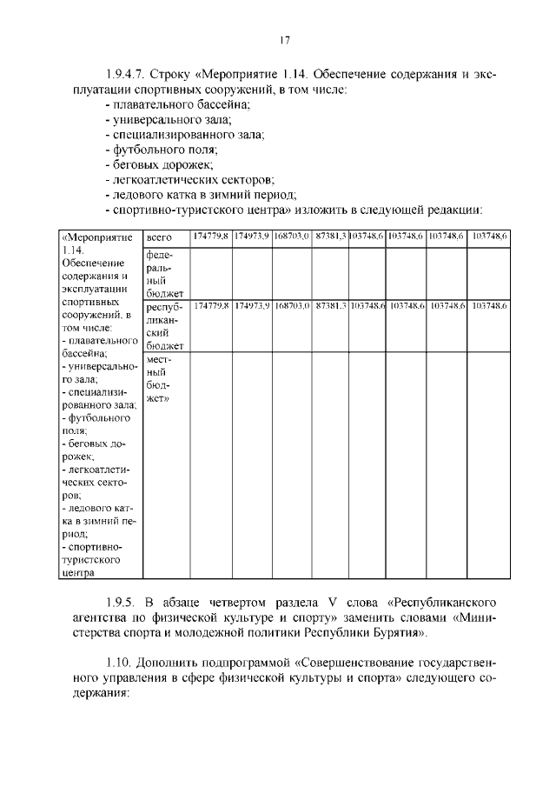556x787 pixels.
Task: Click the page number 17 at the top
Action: [x=284, y=40]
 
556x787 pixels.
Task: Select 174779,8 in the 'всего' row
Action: [x=210, y=237]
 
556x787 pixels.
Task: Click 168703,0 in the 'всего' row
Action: [x=293, y=237]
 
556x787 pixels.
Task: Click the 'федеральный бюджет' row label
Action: [x=163, y=274]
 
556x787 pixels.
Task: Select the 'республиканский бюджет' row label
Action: [x=164, y=326]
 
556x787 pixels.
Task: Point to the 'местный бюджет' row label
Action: [x=161, y=378]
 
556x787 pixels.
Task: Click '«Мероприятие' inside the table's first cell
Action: [x=96, y=237]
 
